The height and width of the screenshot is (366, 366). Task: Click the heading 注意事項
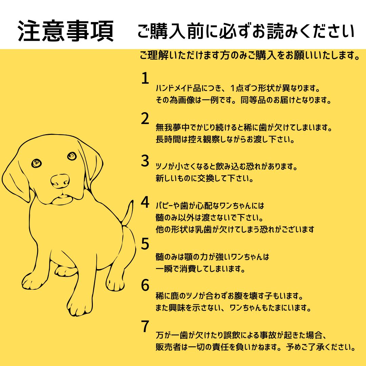[x=66, y=31]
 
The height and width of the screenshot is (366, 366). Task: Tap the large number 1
[x=145, y=78]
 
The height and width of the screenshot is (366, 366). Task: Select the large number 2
[x=145, y=118]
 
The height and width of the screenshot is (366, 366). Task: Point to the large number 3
[x=145, y=161]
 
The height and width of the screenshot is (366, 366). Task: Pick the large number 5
[x=145, y=244]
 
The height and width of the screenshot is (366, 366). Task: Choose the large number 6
[x=145, y=285]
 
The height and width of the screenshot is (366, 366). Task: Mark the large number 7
[x=145, y=326]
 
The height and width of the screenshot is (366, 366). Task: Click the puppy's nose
[x=60, y=181]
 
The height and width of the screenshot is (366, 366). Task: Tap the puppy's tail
[x=128, y=213]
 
